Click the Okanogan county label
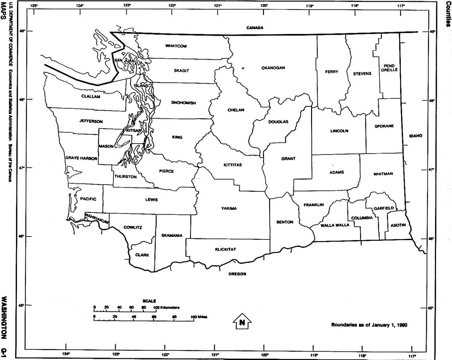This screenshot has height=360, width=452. click(273, 68)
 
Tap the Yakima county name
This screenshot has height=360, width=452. click(229, 209)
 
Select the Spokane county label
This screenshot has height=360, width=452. click(384, 126)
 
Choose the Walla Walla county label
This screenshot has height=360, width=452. click(335, 225)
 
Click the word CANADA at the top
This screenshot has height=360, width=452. click(255, 28)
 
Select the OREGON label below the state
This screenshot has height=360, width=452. click(237, 274)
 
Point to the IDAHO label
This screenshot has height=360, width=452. click(416, 136)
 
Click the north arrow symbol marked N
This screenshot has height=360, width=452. click(242, 322)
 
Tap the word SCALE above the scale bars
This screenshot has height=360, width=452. click(149, 301)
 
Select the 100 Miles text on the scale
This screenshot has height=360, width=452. click(199, 317)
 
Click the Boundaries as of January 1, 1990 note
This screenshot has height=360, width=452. click(369, 325)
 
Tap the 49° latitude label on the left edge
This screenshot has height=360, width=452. click(22, 31)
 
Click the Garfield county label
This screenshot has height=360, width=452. click(383, 208)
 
